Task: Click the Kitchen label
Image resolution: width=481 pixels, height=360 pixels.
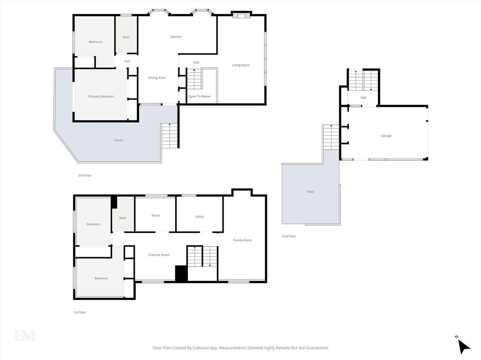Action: coord(177,37)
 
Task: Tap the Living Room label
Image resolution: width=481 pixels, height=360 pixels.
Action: coord(241,65)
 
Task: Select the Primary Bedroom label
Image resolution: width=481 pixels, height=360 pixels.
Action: coord(101,96)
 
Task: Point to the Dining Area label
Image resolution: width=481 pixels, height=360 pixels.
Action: coord(156,77)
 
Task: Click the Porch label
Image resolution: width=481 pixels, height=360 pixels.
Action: coord(118,140)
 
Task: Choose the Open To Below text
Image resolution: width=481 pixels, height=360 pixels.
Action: coord(199,96)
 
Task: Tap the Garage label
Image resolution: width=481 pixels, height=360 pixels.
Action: coord(386,136)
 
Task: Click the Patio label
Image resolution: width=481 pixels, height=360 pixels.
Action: coord(310,191)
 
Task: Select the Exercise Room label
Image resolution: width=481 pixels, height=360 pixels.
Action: coord(159,255)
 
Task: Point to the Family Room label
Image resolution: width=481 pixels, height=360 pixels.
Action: coord(242,240)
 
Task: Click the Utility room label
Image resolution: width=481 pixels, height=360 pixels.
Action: coord(199,216)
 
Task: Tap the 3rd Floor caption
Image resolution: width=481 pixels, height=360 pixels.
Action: coord(85,176)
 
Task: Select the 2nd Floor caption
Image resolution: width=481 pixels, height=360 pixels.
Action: coord(289,236)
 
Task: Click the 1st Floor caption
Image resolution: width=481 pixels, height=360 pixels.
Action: coord(79,312)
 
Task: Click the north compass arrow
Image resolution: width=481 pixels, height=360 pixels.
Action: coord(464,346)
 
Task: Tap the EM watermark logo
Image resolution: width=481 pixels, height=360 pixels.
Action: coord(25,336)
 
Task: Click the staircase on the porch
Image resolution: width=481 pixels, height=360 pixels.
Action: coord(170,136)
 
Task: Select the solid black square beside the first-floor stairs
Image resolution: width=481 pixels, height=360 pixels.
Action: coord(181,274)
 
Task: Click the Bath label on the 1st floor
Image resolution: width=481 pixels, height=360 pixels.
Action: coord(123,218)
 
